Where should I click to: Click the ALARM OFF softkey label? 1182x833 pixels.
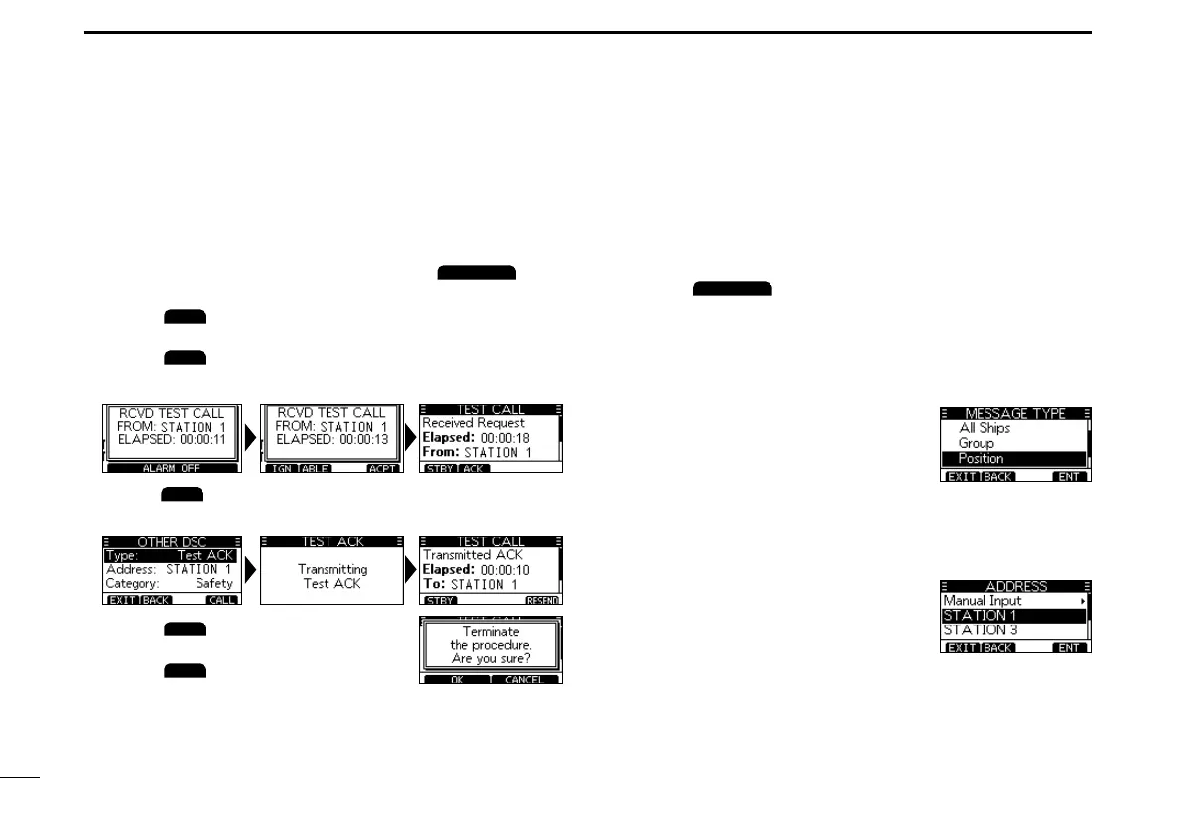(x=172, y=467)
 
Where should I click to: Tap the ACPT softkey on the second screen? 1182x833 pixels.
(x=383, y=467)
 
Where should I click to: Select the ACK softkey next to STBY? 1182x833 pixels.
(x=473, y=467)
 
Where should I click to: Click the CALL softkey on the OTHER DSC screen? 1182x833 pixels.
(x=223, y=600)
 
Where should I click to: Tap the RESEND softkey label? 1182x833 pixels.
(x=543, y=600)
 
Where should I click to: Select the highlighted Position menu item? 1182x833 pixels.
(x=981, y=459)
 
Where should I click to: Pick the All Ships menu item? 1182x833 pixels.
(x=984, y=428)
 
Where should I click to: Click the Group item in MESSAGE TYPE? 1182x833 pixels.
(x=976, y=443)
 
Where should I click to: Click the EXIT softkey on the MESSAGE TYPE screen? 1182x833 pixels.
(x=960, y=477)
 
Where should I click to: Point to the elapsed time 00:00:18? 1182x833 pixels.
(x=516, y=437)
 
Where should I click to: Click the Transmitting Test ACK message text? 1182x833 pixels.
(x=332, y=576)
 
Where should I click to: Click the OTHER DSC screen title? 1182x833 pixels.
(x=172, y=542)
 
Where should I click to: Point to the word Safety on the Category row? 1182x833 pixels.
(x=213, y=584)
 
